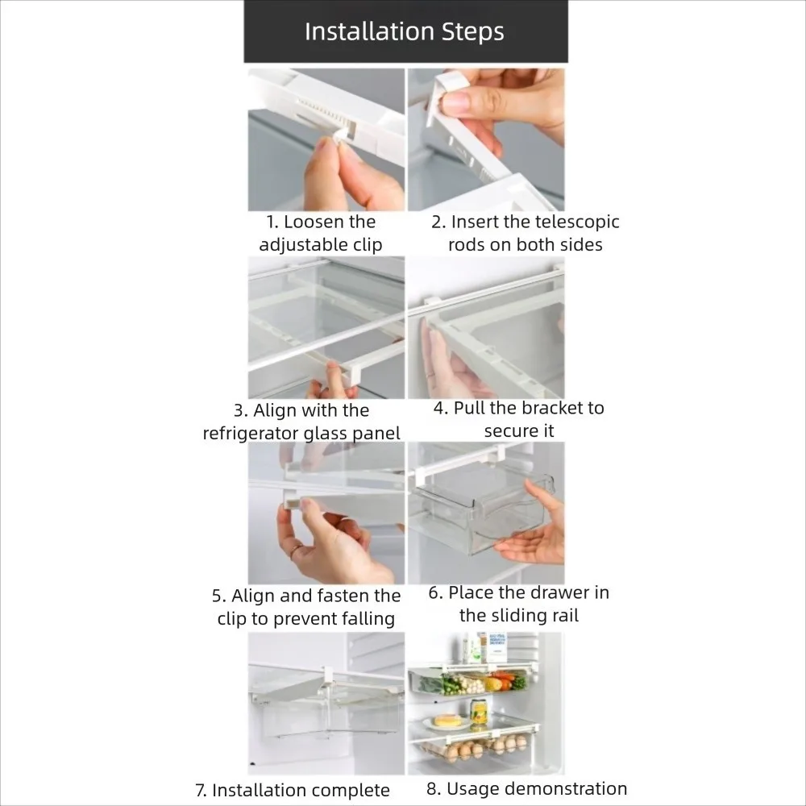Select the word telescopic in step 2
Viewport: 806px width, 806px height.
coord(575,222)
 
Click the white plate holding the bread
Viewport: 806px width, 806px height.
coord(445,725)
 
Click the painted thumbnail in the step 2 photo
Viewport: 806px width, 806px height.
coord(456,103)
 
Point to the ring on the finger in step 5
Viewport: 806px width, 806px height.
coord(297,551)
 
